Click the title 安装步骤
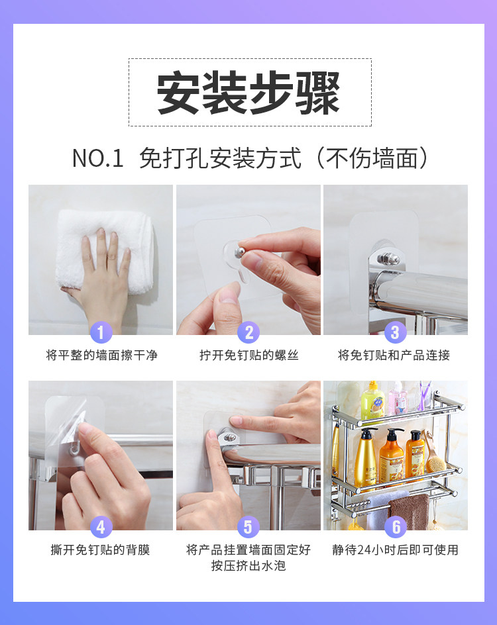pos(248,93)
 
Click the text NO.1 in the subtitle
pos(98,158)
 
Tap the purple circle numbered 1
pos(101,332)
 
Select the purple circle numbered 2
pos(248,332)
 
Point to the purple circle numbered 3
pos(396,332)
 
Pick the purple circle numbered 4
pos(101,527)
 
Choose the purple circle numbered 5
pos(248,527)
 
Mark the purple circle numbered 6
pos(396,527)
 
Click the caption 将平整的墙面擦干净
pos(101,355)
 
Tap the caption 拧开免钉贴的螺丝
pos(249,355)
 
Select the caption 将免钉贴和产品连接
pos(394,355)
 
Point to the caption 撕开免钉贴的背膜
pos(100,550)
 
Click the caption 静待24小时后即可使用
pos(396,550)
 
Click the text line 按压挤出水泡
pos(248,565)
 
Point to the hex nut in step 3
pos(387,258)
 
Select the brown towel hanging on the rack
pos(409,512)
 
